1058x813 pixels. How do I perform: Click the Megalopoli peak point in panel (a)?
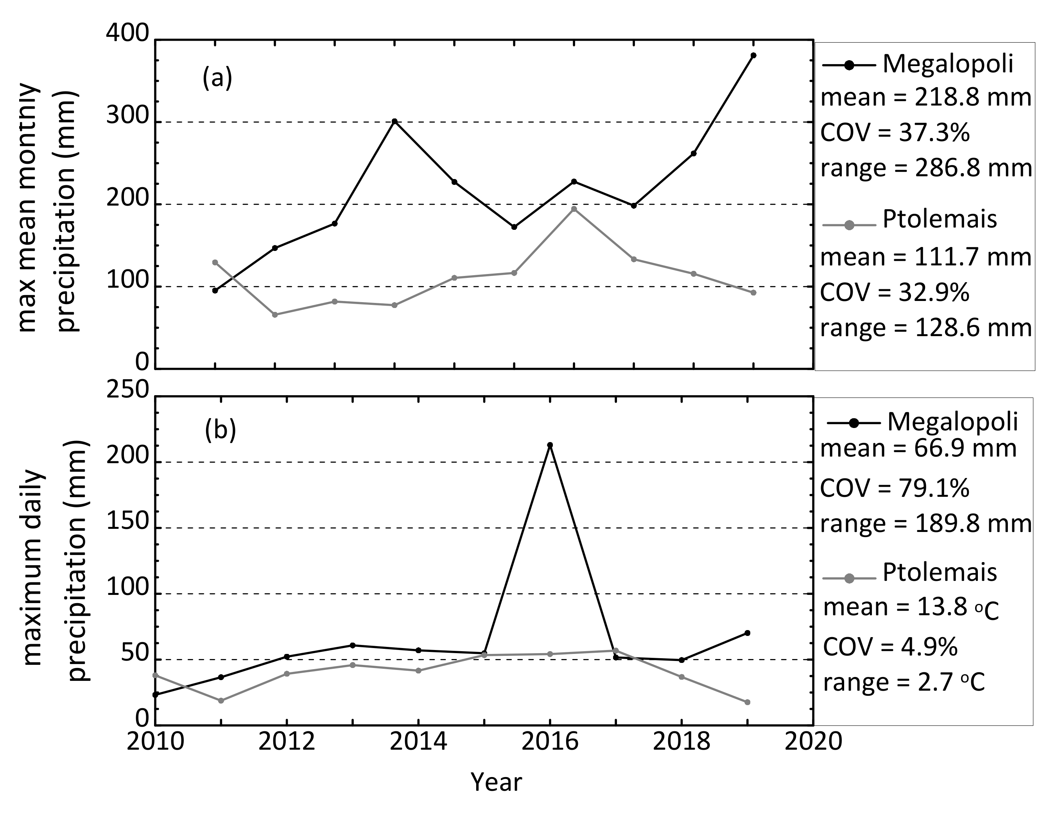(x=753, y=55)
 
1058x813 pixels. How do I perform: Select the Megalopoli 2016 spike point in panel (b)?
(x=550, y=445)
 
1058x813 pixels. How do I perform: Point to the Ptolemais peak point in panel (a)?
(x=574, y=209)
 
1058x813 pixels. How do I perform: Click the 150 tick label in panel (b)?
(x=127, y=522)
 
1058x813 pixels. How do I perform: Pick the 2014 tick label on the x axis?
(x=418, y=741)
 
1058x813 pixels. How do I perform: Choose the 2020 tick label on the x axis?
(x=813, y=741)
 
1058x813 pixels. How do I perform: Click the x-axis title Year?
(x=496, y=783)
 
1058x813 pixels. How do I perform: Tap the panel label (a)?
(x=217, y=77)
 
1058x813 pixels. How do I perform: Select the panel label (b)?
(x=220, y=429)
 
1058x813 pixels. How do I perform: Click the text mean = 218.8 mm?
(x=926, y=98)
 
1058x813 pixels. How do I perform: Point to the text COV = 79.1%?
(x=895, y=488)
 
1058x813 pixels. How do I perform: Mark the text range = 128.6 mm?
(x=926, y=328)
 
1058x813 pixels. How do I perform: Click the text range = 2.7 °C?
(x=904, y=683)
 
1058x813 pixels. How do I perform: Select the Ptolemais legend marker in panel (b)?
(x=849, y=578)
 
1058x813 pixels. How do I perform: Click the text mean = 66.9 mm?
(x=918, y=448)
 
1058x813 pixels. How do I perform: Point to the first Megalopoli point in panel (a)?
(x=215, y=290)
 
